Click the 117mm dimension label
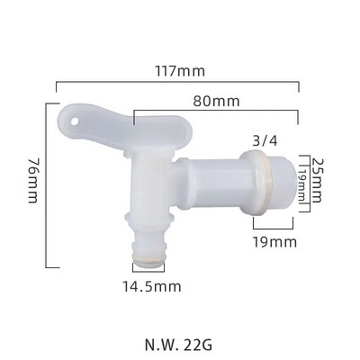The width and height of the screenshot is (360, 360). (x=180, y=71)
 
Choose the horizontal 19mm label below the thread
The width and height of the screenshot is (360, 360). (x=275, y=241)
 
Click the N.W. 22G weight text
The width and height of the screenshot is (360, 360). (x=180, y=343)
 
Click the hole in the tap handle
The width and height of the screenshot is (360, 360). (x=73, y=117)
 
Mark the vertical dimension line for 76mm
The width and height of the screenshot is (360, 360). (x=46, y=184)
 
